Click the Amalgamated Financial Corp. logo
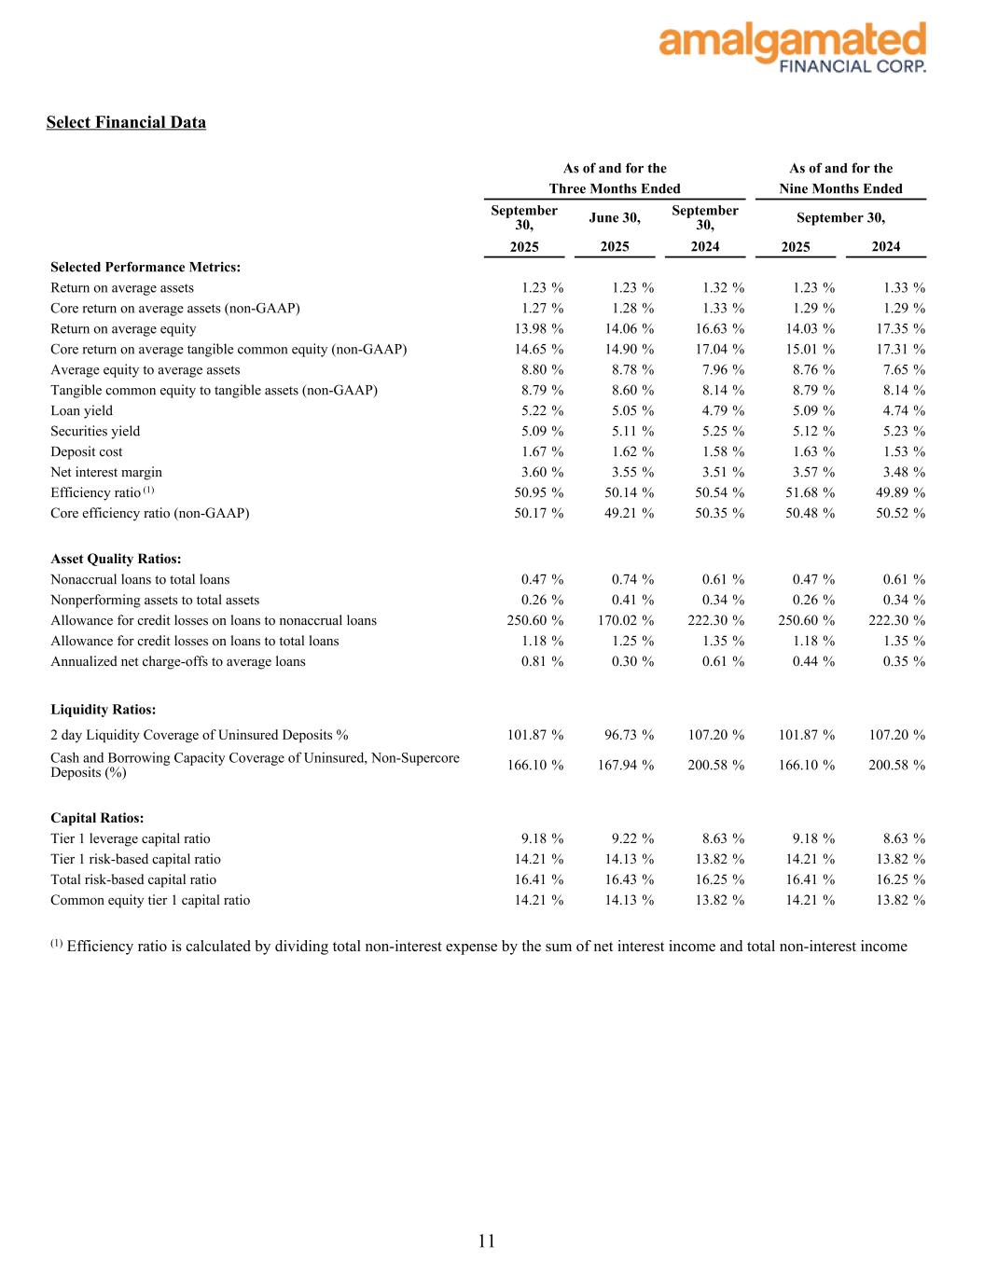tap(792, 47)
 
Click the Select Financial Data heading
tap(126, 122)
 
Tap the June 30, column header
tap(615, 217)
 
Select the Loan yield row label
tap(82, 410)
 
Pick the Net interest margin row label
tap(106, 472)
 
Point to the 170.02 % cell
tap(626, 620)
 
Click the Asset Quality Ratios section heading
tap(116, 559)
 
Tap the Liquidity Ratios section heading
tap(103, 710)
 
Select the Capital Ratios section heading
tap(97, 818)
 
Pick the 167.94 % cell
tap(626, 765)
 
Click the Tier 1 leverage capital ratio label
tap(131, 838)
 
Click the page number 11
tap(487, 1240)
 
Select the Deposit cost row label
tap(87, 451)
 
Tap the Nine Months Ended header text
tap(840, 188)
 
